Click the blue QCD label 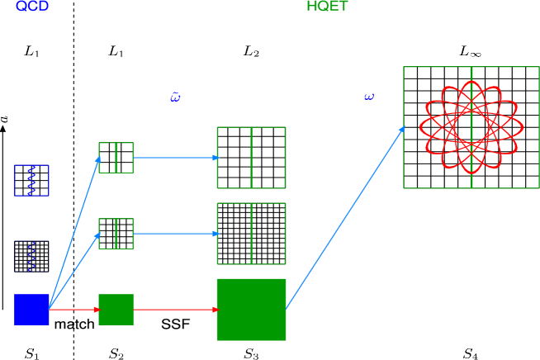pos(32,7)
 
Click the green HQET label pos(327,7)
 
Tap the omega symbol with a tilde pos(175,97)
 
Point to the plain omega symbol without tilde pos(369,97)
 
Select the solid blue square pos(31,309)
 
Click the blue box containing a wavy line pos(31,180)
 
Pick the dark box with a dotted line pos(31,256)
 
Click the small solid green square pos(116,310)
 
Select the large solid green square pos(251,310)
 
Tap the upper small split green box pos(116,158)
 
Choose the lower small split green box pos(116,234)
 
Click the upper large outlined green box pos(251,158)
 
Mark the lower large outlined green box pos(251,234)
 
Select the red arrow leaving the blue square pos(74,310)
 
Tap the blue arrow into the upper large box pos(175,158)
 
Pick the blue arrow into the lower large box pos(175,234)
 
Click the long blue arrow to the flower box pos(345,218)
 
